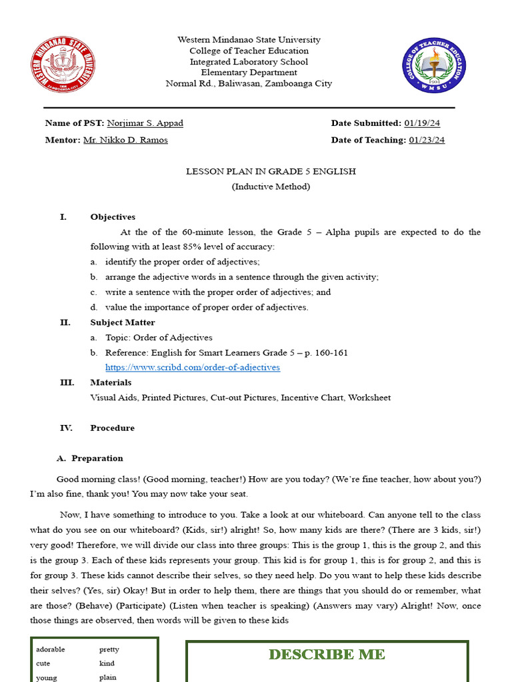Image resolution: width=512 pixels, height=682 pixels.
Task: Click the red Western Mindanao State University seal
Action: (63, 66)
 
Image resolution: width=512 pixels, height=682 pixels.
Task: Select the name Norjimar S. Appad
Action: (145, 123)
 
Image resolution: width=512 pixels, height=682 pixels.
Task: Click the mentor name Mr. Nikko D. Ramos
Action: (125, 140)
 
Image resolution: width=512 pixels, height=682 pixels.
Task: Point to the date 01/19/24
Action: (422, 123)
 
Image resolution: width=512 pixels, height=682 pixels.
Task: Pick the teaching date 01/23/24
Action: (427, 140)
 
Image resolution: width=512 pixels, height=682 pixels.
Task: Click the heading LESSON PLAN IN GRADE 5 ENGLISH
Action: (271, 172)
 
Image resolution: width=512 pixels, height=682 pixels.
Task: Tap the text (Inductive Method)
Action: (271, 186)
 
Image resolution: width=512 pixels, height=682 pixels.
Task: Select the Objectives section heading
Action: (113, 217)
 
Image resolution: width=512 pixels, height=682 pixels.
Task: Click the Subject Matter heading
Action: (122, 322)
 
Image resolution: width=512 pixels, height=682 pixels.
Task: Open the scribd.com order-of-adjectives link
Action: (193, 368)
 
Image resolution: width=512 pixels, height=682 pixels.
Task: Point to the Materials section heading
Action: (111, 382)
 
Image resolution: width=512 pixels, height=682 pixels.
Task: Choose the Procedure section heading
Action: (112, 428)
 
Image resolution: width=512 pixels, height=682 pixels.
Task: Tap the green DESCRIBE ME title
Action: (327, 655)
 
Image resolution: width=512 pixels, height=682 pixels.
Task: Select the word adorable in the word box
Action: (51, 649)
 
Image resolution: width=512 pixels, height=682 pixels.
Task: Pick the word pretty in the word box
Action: (109, 649)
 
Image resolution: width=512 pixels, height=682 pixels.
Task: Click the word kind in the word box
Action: (107, 663)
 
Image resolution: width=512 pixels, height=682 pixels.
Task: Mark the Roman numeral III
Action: (67, 382)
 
